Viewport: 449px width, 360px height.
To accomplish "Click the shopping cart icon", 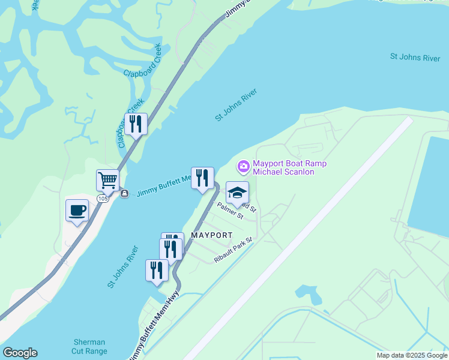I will (107, 179).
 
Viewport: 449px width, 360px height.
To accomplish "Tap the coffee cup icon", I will (77, 211).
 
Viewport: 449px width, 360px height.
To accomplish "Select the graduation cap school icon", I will (237, 193).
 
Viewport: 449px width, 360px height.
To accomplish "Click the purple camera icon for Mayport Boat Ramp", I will (243, 166).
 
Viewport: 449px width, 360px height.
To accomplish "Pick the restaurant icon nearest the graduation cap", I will (202, 178).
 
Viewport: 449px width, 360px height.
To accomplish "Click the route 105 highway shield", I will (103, 198).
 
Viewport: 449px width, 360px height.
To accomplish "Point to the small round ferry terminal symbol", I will (124, 194).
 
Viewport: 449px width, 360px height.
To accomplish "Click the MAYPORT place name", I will (211, 235).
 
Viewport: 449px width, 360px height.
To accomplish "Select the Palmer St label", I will (230, 211).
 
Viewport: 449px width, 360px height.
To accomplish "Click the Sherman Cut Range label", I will (89, 347).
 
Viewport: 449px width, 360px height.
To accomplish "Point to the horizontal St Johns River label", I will (415, 57).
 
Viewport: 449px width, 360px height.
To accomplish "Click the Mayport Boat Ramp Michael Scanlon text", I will (283, 167).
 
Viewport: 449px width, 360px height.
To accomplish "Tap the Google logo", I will (20, 353).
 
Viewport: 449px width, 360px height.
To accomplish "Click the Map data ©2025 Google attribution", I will (412, 355).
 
